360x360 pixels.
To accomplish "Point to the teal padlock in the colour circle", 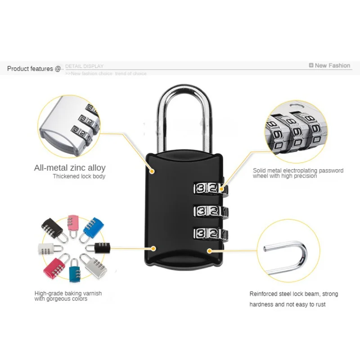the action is (x=75, y=272).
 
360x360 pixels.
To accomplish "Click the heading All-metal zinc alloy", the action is (x=70, y=168).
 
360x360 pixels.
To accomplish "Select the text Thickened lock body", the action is (x=79, y=176).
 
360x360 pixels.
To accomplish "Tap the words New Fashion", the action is (x=333, y=65).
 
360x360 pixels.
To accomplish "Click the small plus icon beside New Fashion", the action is (x=311, y=65).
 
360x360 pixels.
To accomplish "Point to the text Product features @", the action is (x=34, y=69).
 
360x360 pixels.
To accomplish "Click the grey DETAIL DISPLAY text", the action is (x=85, y=66).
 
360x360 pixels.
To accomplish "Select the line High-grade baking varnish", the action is (x=68, y=293).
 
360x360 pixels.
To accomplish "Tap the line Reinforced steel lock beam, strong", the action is (x=294, y=294).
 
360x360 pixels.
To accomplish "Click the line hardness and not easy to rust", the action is (x=288, y=305).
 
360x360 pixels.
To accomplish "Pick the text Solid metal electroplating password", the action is (x=298, y=171).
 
